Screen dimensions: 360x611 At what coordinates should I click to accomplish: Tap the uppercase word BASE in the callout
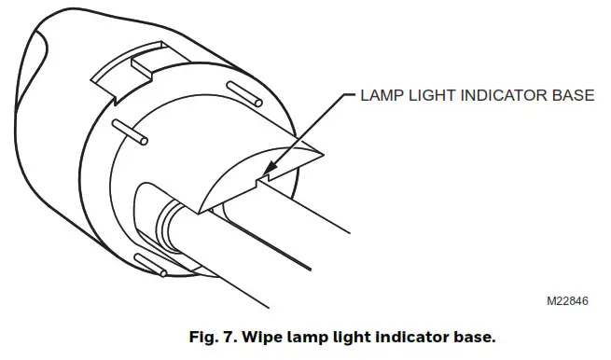pyautogui.click(x=573, y=95)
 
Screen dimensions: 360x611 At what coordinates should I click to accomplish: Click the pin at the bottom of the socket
pyautogui.click(x=148, y=264)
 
